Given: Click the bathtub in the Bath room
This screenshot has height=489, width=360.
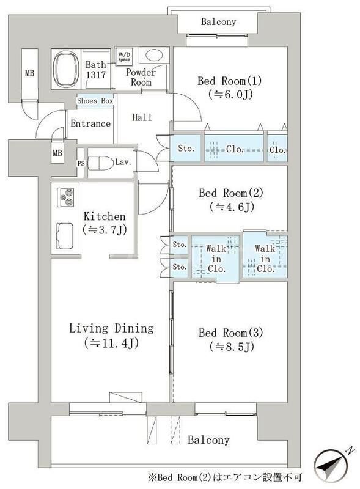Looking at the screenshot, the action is (x=65, y=69).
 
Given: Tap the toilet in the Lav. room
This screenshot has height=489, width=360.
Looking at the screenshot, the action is (x=100, y=163).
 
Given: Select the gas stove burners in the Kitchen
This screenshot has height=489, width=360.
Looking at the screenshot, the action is (x=65, y=197).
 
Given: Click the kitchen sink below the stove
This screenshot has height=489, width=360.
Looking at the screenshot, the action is (x=65, y=236).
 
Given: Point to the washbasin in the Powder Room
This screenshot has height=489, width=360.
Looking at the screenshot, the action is (x=154, y=56).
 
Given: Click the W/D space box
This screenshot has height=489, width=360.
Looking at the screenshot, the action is (x=124, y=56).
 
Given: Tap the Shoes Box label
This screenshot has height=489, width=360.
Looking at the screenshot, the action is (x=95, y=101).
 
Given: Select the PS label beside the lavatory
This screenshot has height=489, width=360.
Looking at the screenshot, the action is (x=81, y=163).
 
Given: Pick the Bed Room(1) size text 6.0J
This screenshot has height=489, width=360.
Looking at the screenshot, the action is (x=230, y=94).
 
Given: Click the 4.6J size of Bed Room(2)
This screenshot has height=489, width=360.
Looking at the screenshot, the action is (x=232, y=207).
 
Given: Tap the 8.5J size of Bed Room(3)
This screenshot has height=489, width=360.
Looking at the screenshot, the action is (x=232, y=347).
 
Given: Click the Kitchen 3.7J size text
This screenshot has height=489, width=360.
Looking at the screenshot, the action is (x=105, y=230).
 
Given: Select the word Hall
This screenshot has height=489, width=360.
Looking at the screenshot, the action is (x=142, y=117).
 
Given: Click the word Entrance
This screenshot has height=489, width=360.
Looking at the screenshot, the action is (x=90, y=123).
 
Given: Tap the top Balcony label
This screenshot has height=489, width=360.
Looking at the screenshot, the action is (x=218, y=22).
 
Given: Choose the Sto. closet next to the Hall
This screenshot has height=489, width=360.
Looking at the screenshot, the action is (x=186, y=149).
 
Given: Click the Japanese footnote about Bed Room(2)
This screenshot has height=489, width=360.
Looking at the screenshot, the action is (x=225, y=477).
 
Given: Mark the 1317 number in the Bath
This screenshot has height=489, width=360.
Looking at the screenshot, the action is (x=96, y=75).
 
